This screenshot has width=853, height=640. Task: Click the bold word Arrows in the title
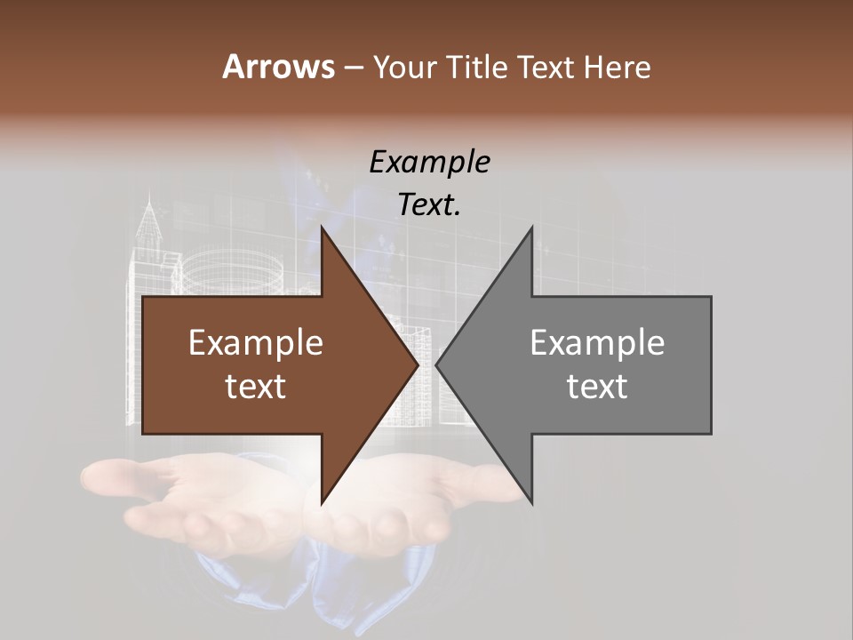tap(278, 67)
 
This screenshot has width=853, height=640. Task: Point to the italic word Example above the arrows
tap(429, 163)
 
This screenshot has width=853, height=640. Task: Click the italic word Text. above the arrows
tap(429, 205)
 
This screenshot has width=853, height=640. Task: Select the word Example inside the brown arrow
tap(256, 343)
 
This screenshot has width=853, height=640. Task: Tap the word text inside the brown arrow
tap(256, 387)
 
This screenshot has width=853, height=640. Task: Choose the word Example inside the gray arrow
tap(597, 343)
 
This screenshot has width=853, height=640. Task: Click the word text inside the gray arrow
tap(597, 387)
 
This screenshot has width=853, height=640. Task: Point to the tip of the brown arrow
tap(417, 364)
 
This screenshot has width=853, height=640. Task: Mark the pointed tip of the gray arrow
tap(437, 364)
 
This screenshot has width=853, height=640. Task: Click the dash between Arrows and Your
tap(353, 68)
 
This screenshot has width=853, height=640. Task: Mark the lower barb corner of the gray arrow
tap(531, 502)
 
